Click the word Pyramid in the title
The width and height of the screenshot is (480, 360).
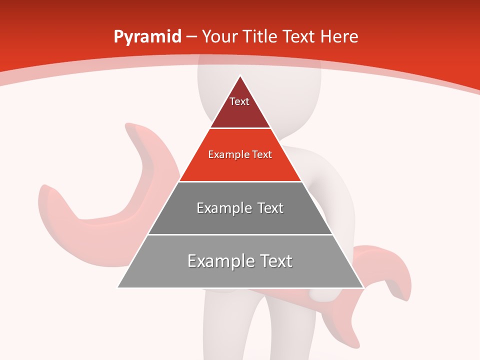point(147,37)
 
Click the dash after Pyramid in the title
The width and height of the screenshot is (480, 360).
point(191,37)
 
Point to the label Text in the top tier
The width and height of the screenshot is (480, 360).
point(239,101)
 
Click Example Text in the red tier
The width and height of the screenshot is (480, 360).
point(240,154)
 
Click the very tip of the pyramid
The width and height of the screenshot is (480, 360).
point(240,76)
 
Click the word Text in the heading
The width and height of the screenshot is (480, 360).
point(299,37)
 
